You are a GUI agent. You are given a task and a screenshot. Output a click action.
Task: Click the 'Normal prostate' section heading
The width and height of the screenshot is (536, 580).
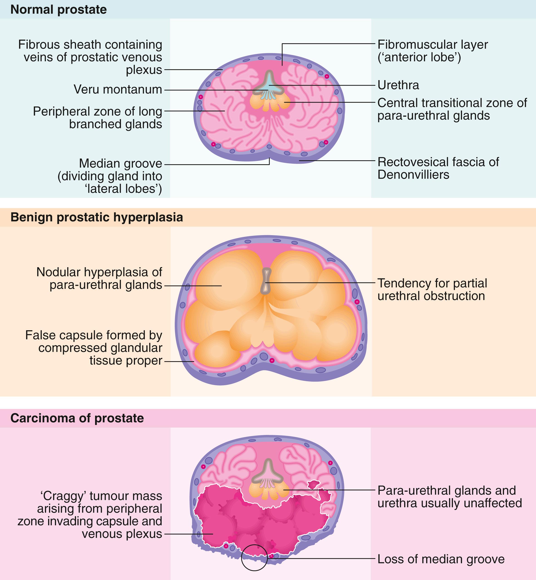[x=58, y=10]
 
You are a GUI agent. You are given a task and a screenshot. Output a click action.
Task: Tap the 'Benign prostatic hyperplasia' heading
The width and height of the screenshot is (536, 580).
[x=97, y=217]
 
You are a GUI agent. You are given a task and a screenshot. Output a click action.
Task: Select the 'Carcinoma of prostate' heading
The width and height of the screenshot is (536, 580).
[x=77, y=418]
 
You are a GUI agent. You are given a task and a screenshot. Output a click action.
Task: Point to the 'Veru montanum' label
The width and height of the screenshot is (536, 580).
[x=118, y=89]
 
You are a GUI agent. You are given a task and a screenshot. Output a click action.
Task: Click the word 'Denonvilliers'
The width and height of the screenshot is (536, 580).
[x=413, y=175]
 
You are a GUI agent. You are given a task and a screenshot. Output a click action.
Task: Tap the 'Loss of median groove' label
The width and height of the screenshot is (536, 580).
[x=440, y=559]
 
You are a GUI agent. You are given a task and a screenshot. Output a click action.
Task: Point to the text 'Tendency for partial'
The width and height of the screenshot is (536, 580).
[x=432, y=283]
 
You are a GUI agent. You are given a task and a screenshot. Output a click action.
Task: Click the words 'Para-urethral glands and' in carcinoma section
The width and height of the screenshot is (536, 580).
[x=446, y=490]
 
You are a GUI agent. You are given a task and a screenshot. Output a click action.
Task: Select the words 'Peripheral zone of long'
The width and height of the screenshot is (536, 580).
[x=97, y=111]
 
